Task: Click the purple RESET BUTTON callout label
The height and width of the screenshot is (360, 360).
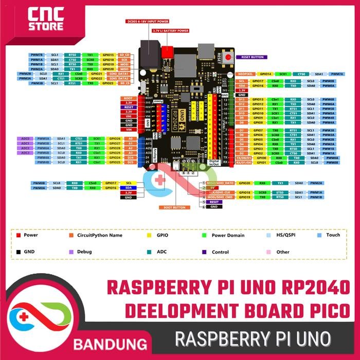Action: [251, 57]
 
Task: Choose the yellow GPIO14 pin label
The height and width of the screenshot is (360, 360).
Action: [265, 74]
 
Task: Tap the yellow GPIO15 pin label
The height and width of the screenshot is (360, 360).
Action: [108, 55]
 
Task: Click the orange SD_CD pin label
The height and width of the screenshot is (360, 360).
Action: [124, 55]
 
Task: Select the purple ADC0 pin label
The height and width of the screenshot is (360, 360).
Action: [25, 138]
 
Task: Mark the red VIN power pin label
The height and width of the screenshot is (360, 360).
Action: [129, 130]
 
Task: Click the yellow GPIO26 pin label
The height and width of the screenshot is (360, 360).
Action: [115, 138]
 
